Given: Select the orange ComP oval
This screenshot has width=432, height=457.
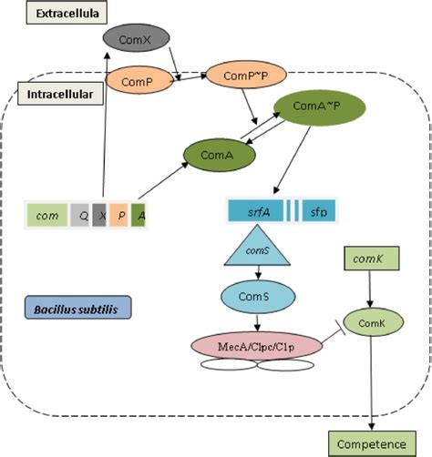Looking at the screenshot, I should click(x=136, y=81).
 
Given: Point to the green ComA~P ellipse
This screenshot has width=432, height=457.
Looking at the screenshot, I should click(x=316, y=107).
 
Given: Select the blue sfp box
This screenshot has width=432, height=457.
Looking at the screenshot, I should click(x=318, y=212).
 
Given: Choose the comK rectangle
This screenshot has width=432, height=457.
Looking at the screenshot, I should click(x=370, y=259).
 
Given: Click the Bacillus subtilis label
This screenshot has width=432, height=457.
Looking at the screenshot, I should click(x=77, y=309).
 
